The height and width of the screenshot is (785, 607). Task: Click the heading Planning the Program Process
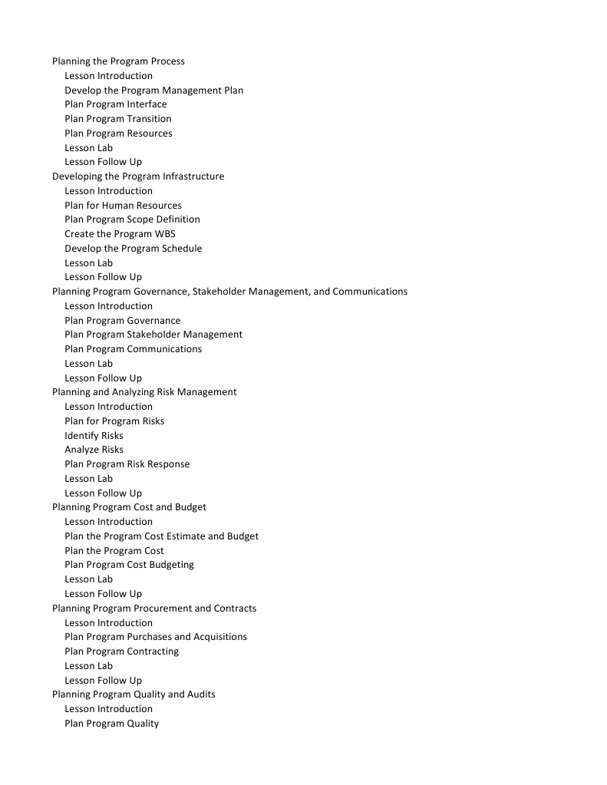(118, 61)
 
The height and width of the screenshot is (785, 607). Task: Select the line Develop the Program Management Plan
(153, 91)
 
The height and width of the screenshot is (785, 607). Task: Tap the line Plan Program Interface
(115, 104)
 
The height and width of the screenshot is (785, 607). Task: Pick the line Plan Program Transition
(117, 119)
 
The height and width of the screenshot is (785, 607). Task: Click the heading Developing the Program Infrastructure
(138, 176)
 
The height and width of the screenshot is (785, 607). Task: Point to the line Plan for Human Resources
(123, 206)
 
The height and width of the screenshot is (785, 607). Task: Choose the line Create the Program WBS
(120, 234)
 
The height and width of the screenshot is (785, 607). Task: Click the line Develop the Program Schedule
(133, 249)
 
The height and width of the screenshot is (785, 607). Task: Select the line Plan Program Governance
(122, 321)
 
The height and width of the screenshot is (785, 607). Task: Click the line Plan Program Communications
(133, 349)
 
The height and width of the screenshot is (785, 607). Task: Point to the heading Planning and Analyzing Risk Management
(144, 392)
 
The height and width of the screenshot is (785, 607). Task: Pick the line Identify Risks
(94, 436)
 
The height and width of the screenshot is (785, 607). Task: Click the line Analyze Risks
(94, 450)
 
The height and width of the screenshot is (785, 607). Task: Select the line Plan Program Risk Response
(127, 464)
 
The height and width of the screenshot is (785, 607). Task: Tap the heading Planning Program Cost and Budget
(129, 507)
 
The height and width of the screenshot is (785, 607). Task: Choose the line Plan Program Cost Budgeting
(129, 565)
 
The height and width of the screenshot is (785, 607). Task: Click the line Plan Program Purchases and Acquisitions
(155, 637)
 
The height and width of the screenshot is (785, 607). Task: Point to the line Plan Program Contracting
(121, 651)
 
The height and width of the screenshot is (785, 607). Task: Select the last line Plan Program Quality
(111, 724)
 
